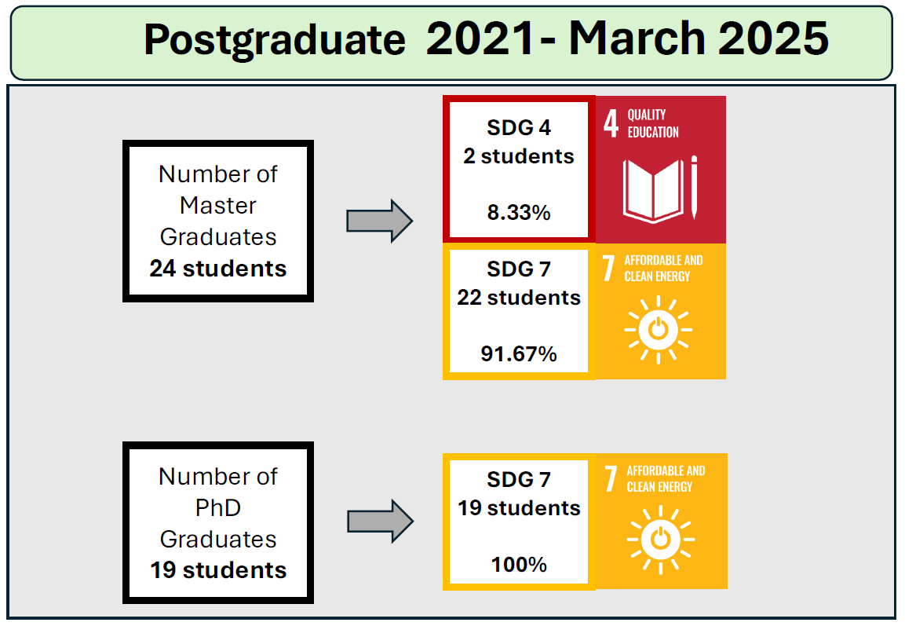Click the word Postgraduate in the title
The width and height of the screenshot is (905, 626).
pos(275,40)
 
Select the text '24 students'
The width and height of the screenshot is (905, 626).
pos(218,269)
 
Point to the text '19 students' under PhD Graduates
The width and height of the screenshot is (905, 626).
pos(218,570)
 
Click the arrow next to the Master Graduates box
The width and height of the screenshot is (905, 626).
pos(379,221)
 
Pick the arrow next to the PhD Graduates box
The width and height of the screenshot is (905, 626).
pos(380,521)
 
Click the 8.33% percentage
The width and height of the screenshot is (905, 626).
pos(519,213)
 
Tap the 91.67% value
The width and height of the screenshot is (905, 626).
pos(519,353)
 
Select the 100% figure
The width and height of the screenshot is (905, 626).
pos(519,564)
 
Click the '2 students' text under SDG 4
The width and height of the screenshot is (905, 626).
pos(519,156)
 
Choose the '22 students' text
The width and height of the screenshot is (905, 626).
pos(519,298)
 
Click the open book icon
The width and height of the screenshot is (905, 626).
pos(653,191)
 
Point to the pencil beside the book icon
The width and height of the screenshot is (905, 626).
pos(694,187)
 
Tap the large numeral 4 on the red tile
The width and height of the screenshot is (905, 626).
pos(611,123)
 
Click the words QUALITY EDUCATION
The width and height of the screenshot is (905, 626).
pos(653,123)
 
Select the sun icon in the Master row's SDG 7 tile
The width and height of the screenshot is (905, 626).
pos(658,331)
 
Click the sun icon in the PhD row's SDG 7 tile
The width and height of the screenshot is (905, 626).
pos(660,540)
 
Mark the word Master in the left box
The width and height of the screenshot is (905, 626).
pos(218,206)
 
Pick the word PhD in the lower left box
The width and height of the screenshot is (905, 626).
pos(218,507)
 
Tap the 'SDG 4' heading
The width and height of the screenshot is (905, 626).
pos(519,127)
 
